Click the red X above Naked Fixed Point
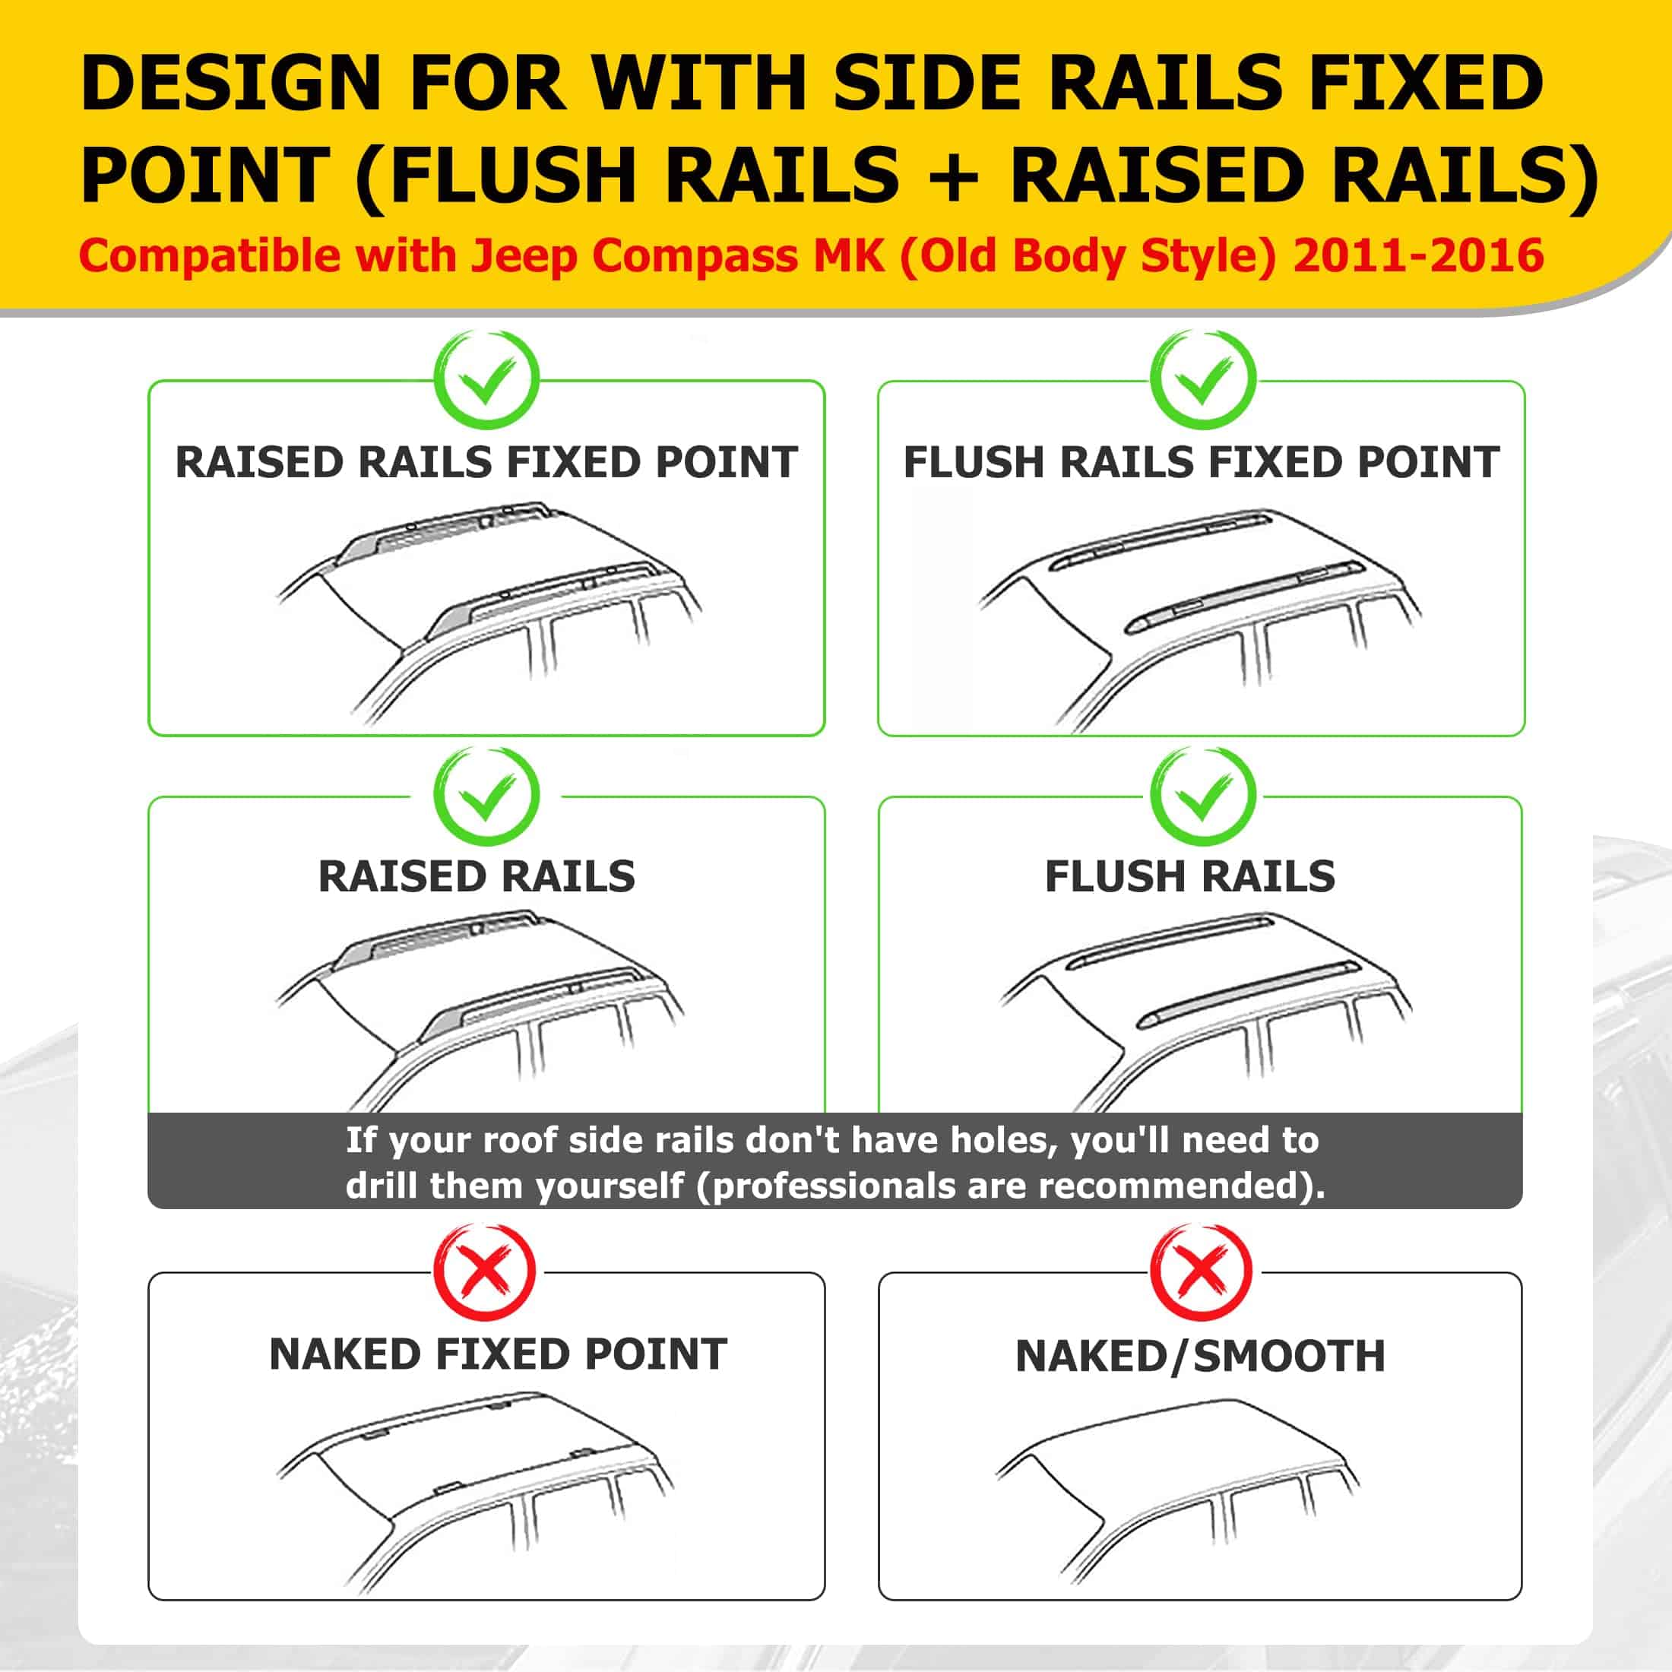coord(485,1271)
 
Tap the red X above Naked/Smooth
coord(1202,1271)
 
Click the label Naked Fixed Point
coord(498,1354)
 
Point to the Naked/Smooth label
coord(1200,1356)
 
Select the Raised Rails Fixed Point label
coord(486,462)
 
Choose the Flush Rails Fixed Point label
coord(1202,462)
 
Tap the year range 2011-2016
coord(1418,256)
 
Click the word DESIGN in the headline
coord(231,83)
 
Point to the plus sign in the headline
coord(955,176)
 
